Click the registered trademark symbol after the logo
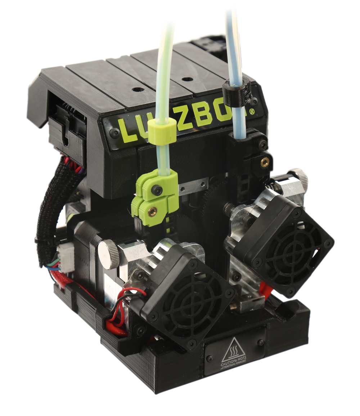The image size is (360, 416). coord(252,112)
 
